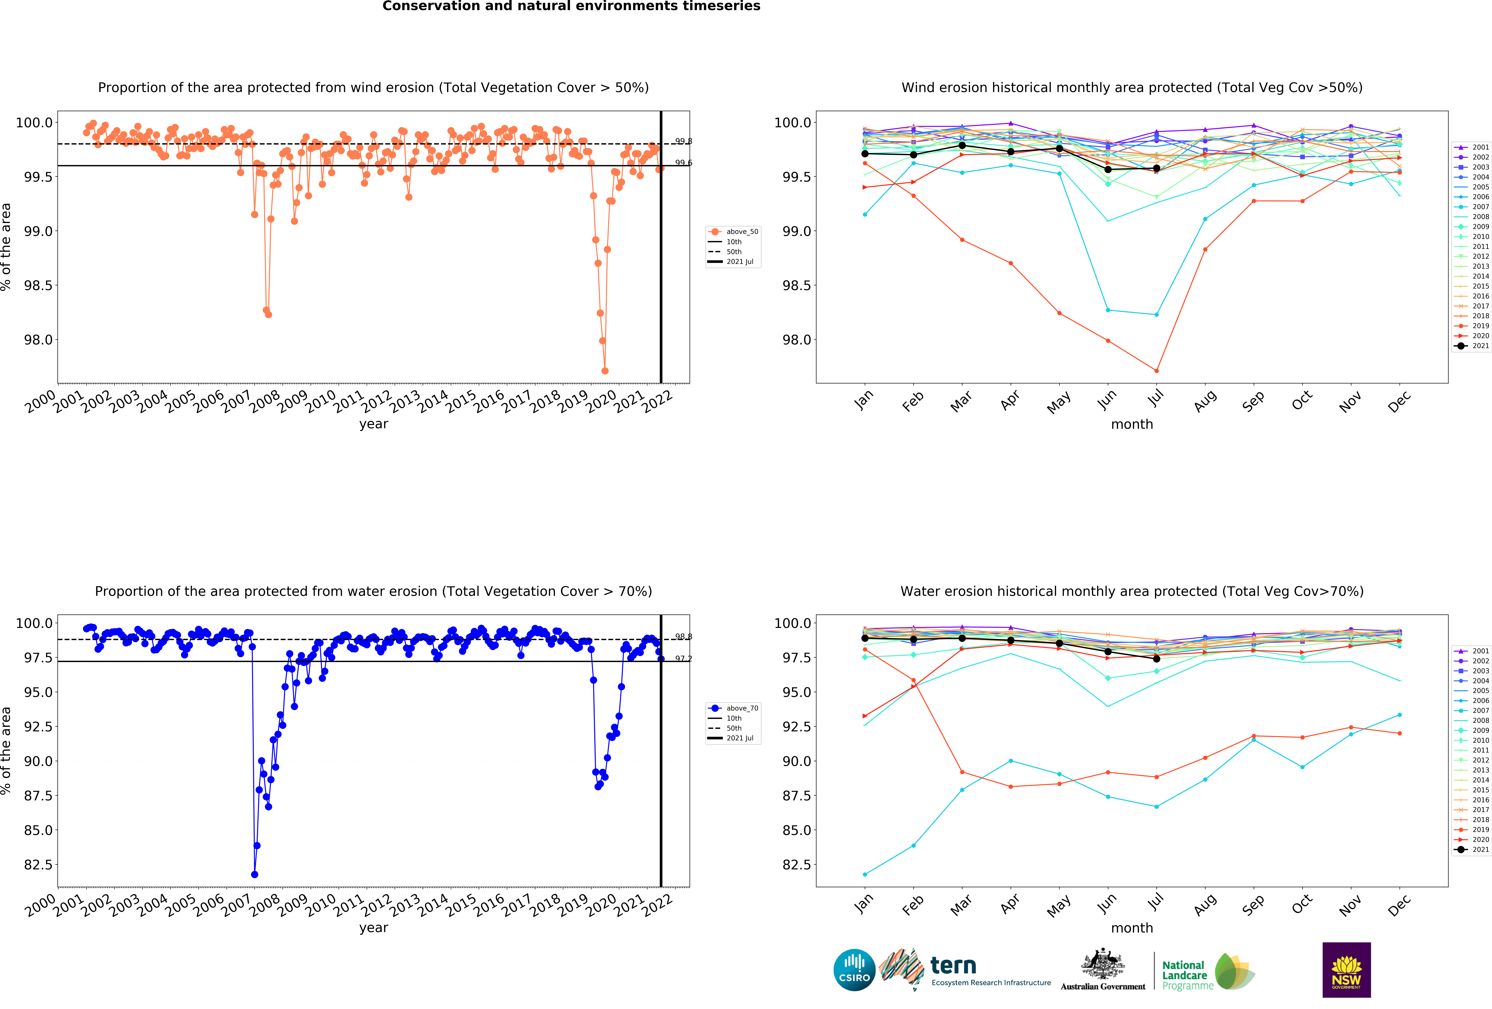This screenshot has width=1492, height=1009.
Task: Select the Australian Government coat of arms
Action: tap(1102, 963)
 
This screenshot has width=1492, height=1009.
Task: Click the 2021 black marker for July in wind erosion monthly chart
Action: tap(1156, 168)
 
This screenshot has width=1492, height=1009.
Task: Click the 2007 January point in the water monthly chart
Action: tap(865, 874)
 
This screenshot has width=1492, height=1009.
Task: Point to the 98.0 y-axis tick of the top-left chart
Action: tap(39, 340)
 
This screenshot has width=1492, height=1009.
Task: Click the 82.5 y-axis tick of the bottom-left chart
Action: tap(39, 864)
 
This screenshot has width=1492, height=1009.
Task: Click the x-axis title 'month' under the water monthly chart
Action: tap(1132, 928)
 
